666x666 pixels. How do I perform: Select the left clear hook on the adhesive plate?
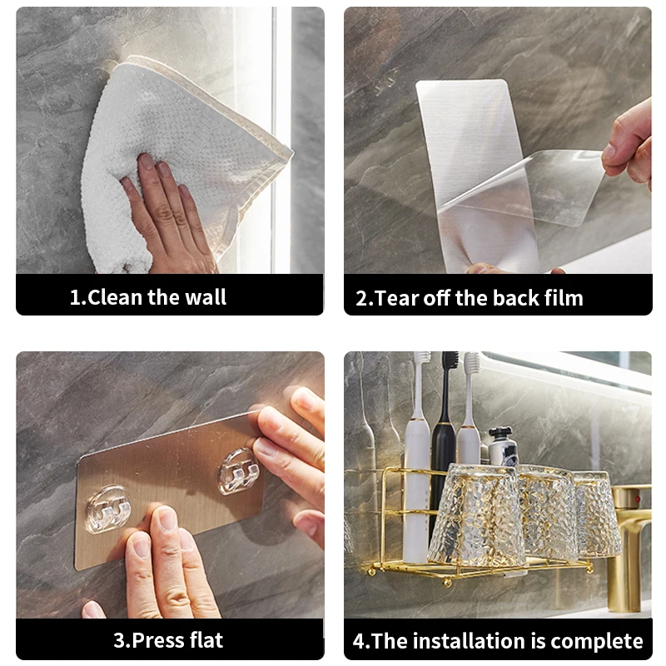pyautogui.click(x=108, y=509)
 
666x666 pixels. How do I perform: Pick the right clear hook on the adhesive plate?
pyautogui.click(x=239, y=471)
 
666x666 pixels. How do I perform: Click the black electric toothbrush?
pyautogui.click(x=444, y=442)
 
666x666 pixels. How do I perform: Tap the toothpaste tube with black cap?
pyautogui.click(x=503, y=447)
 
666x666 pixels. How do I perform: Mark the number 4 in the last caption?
pyautogui.click(x=359, y=641)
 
